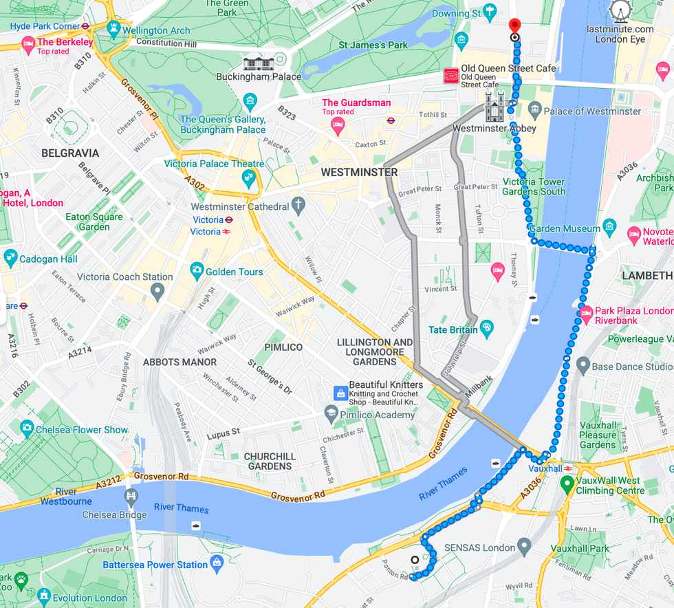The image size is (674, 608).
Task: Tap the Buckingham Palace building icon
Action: pyautogui.click(x=258, y=63)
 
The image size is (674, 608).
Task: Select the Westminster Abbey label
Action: pyautogui.click(x=494, y=128)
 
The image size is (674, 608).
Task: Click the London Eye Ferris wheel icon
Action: pyautogui.click(x=621, y=12)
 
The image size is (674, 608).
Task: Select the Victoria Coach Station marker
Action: pyautogui.click(x=157, y=292)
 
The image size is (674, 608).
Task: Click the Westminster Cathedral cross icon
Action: pyautogui.click(x=298, y=204)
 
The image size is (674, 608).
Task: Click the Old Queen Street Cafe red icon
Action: pyautogui.click(x=450, y=75)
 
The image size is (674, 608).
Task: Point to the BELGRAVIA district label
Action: pyautogui.click(x=70, y=153)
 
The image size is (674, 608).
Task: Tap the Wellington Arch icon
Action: pyautogui.click(x=113, y=29)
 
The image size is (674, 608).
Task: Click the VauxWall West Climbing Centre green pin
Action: pyautogui.click(x=567, y=484)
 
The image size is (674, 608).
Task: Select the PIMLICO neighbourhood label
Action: pyautogui.click(x=283, y=347)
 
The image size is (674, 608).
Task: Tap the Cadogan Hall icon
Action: pyautogui.click(x=10, y=258)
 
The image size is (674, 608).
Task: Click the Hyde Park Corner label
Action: pyautogui.click(x=45, y=26)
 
